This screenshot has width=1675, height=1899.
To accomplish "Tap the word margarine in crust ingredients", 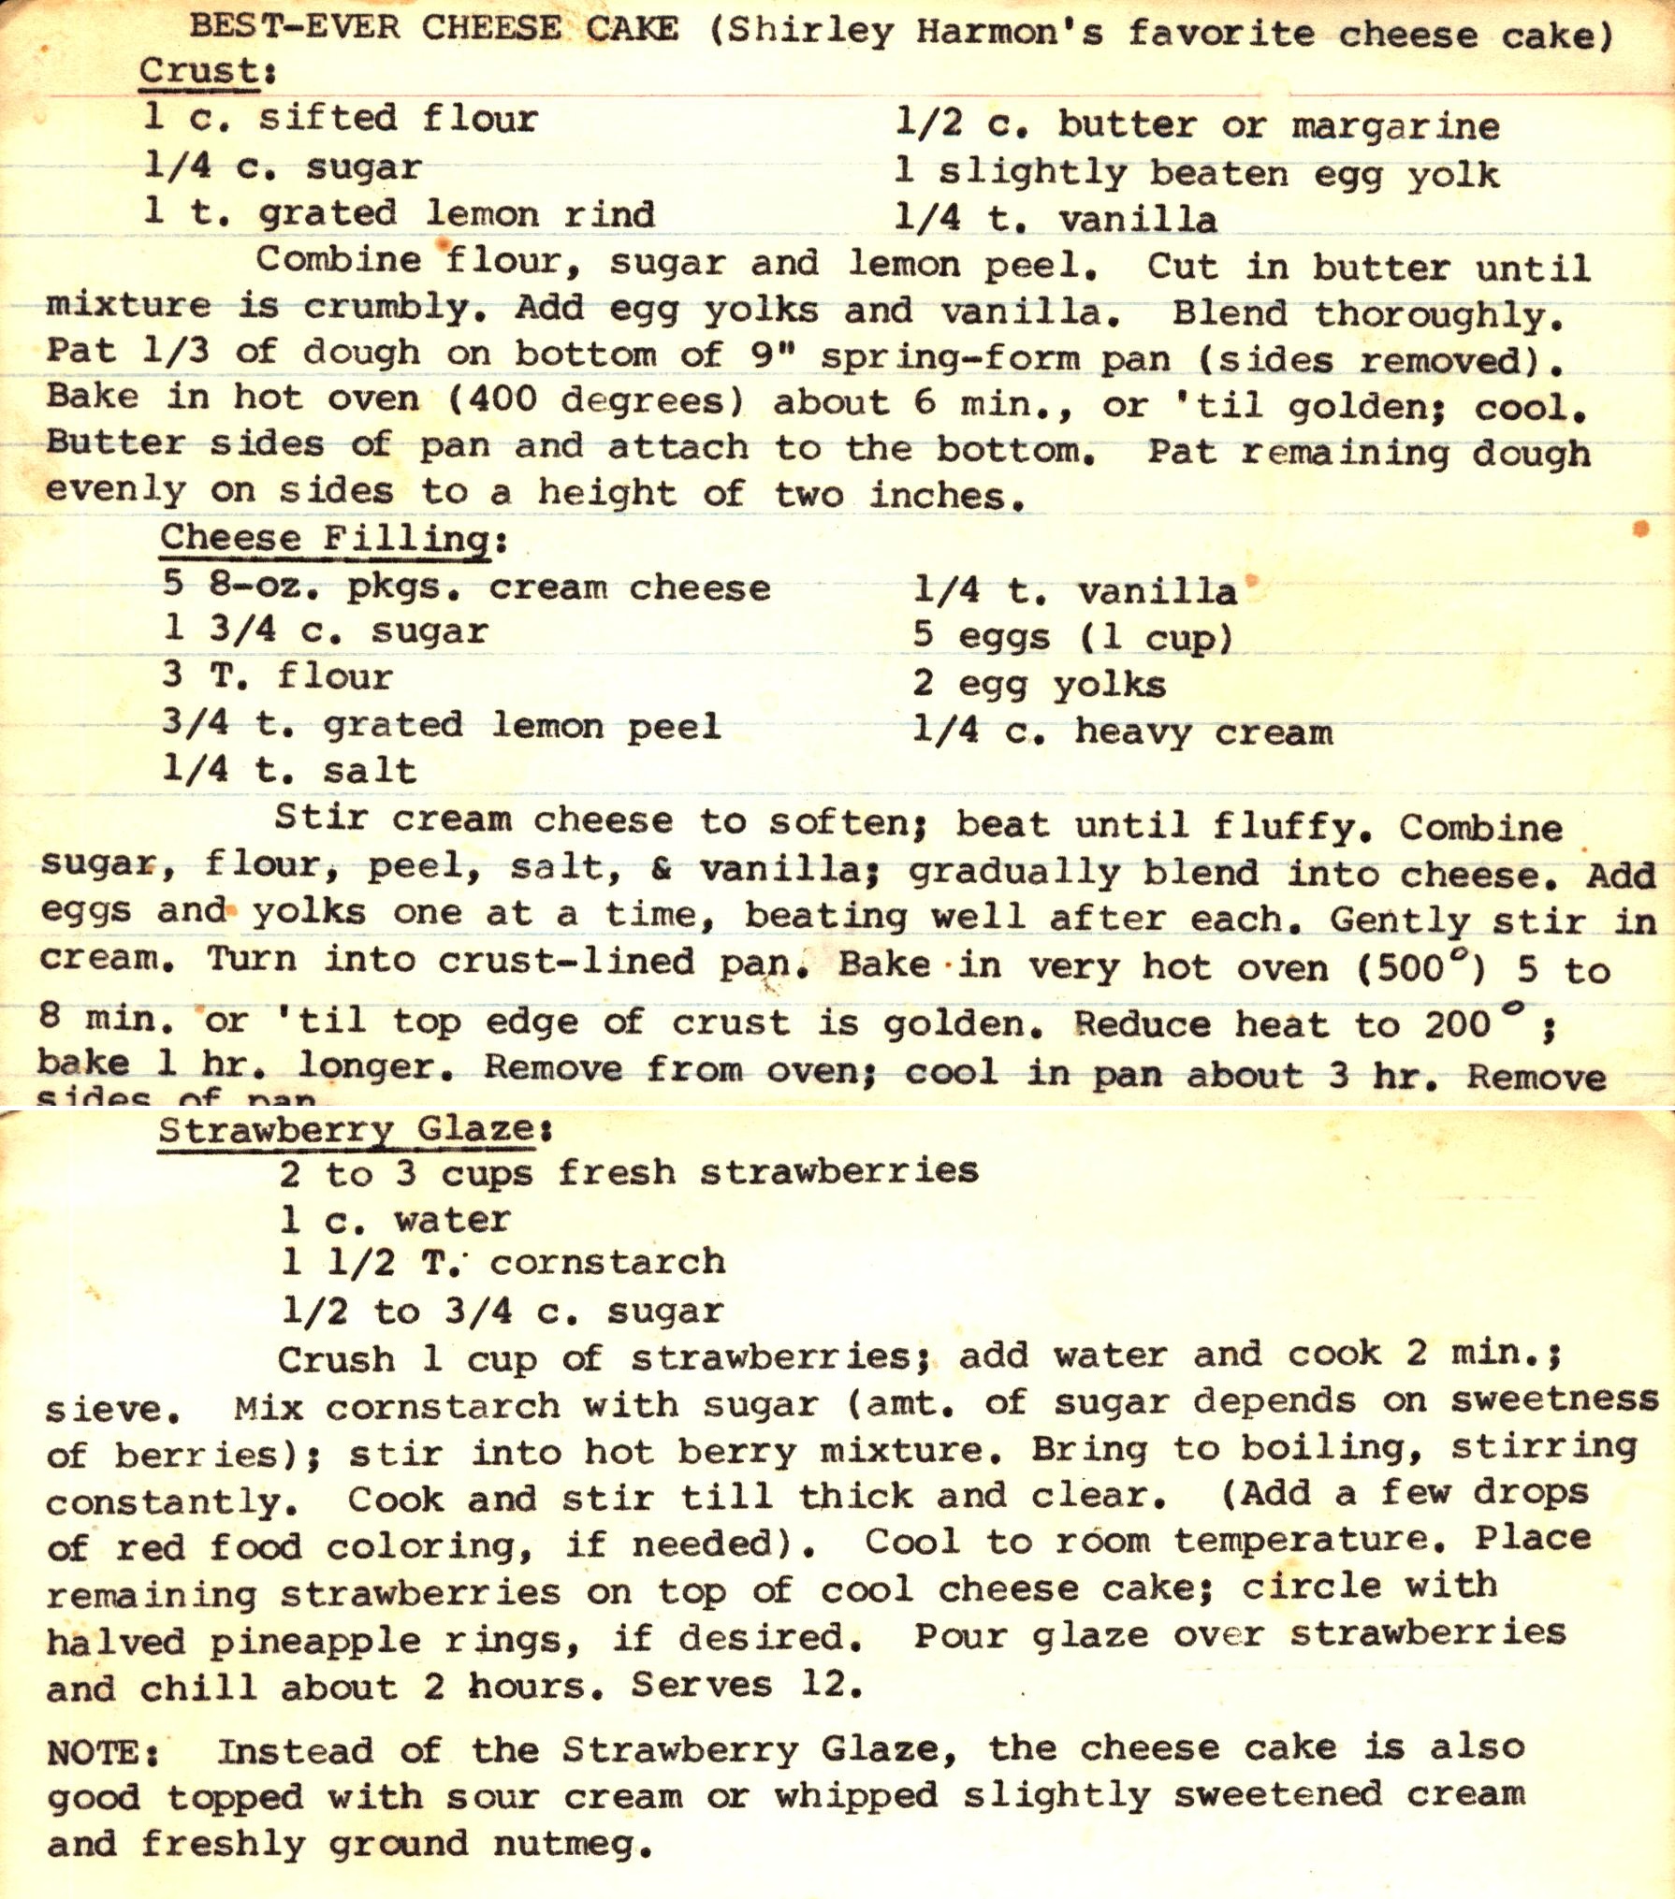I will pos(1395,127).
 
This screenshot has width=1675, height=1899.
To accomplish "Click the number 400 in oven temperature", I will pos(502,400).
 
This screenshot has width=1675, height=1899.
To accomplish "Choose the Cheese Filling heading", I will pos(325,540).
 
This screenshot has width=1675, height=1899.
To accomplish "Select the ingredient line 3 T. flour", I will pos(278,675).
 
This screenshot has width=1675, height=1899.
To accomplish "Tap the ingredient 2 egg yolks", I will pos(1040,685).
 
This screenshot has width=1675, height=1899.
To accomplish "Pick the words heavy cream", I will pos(1203,732).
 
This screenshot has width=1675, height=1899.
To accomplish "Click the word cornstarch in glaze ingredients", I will pos(607,1262).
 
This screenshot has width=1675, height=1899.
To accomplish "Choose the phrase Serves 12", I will pos(746,1686).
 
